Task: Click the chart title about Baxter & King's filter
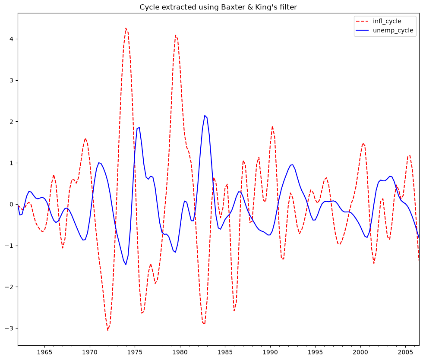coord(218,7)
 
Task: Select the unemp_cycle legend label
coord(393,30)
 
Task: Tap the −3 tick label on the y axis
coord(9,328)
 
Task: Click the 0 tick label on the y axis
coord(11,204)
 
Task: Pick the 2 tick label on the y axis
coord(11,122)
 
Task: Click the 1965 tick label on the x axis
coord(44,352)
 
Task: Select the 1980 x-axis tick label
coord(180,352)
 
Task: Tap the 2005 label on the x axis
coord(405,352)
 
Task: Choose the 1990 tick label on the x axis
coord(270,352)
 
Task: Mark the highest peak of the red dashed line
coord(126,28)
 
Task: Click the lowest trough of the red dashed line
coord(107,330)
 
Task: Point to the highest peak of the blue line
coord(205,116)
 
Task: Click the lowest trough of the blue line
coord(126,265)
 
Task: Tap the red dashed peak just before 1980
coord(175,35)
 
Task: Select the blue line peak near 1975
coord(139,128)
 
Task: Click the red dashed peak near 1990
coord(272,126)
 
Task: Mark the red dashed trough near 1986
coord(234,311)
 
